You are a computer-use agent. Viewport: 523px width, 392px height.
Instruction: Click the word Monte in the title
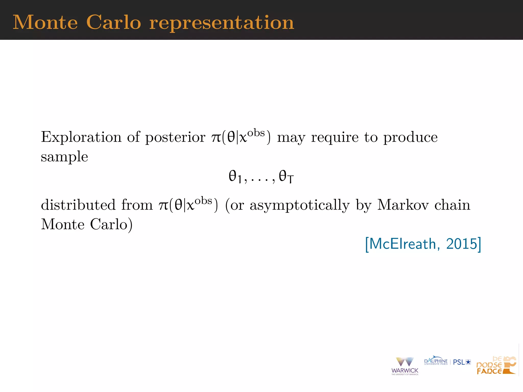[x=45, y=22]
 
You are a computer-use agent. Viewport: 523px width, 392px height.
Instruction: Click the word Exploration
[x=81, y=137]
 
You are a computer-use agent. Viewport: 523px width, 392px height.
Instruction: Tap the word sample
[x=64, y=157]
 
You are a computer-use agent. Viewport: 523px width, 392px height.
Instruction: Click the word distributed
[x=78, y=205]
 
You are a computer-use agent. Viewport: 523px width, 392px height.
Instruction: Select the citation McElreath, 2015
[x=423, y=244]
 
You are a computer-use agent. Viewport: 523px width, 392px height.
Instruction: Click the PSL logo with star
[x=462, y=362]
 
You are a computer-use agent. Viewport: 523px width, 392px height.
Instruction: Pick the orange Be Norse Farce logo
[x=496, y=365]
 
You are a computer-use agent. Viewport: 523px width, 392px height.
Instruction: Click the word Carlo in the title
[x=114, y=22]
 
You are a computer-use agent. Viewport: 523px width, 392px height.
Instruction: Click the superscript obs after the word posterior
[x=256, y=133]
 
